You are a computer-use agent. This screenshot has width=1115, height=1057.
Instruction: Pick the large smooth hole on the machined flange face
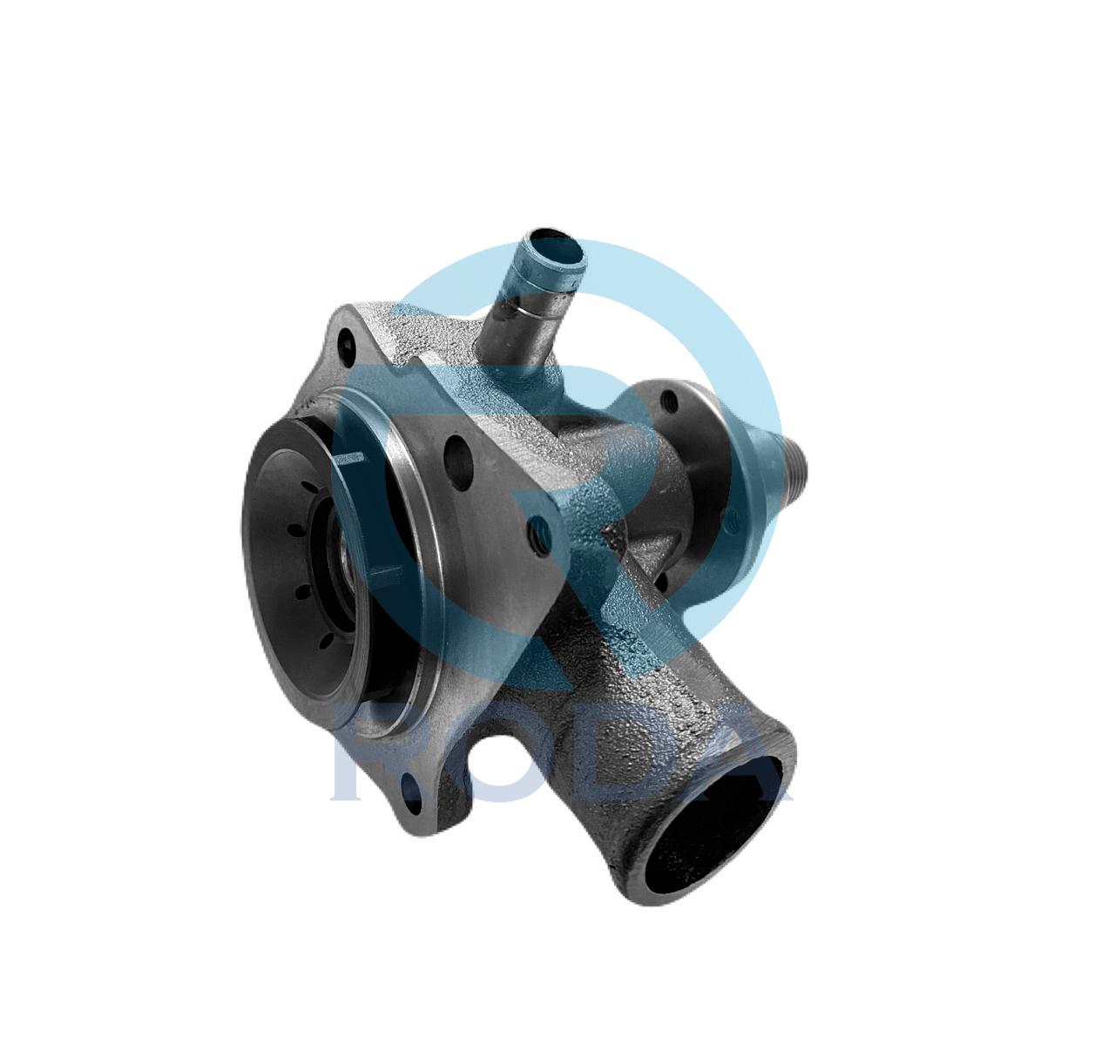click(x=458, y=462)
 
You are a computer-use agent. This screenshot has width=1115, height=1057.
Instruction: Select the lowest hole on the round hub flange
click(x=661, y=580)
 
